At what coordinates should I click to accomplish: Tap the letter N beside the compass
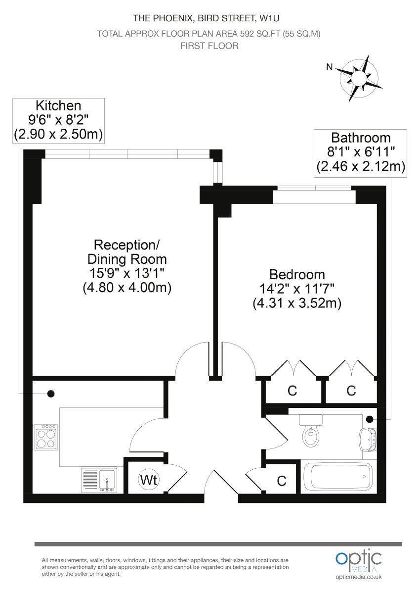pyautogui.click(x=329, y=67)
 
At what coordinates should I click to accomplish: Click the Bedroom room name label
pyautogui.click(x=297, y=274)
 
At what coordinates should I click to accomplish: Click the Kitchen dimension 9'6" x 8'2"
pyautogui.click(x=58, y=120)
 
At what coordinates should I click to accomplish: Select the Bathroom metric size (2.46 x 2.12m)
pyautogui.click(x=361, y=167)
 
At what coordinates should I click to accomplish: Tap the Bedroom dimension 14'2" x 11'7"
pyautogui.click(x=297, y=289)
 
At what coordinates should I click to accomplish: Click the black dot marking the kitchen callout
pyautogui.click(x=51, y=394)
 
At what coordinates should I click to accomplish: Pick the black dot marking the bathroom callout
pyautogui.click(x=370, y=419)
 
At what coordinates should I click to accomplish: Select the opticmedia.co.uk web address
pyautogui.click(x=359, y=577)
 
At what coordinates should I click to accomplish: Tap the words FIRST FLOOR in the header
pyautogui.click(x=209, y=46)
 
